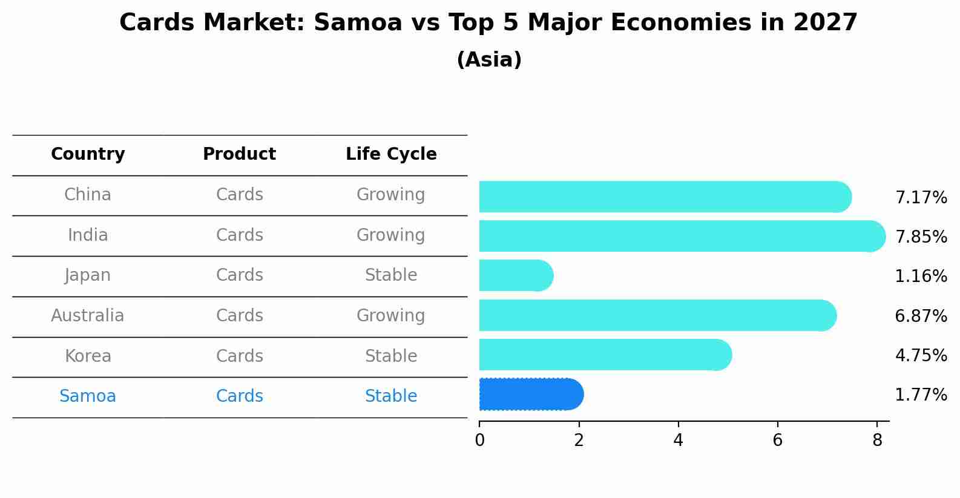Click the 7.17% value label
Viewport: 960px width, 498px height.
coord(921,198)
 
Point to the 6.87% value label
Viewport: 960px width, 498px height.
coord(921,316)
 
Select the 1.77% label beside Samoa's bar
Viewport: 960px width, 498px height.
coord(921,395)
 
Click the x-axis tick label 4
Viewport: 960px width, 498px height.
coord(678,441)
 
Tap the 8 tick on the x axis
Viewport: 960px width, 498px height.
coord(876,441)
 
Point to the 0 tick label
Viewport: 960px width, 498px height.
coord(479,441)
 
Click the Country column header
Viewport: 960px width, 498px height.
coord(88,154)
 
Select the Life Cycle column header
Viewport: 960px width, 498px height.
coord(391,154)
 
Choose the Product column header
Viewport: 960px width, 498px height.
coord(239,154)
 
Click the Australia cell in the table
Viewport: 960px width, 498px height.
coord(88,316)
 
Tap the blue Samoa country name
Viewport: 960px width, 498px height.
coord(88,396)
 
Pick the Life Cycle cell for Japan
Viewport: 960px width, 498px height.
coord(391,275)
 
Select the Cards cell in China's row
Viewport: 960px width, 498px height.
coord(239,195)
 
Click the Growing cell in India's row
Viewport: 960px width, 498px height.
coord(391,235)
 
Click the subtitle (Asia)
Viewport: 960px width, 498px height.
coord(489,60)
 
